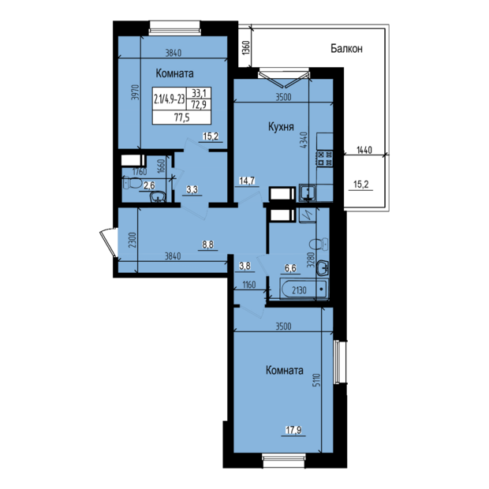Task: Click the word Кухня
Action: [281, 126]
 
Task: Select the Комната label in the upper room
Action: [175, 73]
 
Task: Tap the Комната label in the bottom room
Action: [285, 370]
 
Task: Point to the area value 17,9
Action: [293, 430]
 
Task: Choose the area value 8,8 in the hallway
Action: [208, 244]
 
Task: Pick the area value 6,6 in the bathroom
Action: [290, 268]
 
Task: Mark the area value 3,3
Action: [192, 189]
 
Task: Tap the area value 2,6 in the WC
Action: [148, 186]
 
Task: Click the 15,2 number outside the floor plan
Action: [360, 184]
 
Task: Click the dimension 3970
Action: [135, 97]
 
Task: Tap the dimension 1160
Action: [250, 285]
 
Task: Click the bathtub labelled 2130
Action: [304, 290]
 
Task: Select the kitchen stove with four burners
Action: [324, 159]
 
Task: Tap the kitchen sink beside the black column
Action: [306, 192]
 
